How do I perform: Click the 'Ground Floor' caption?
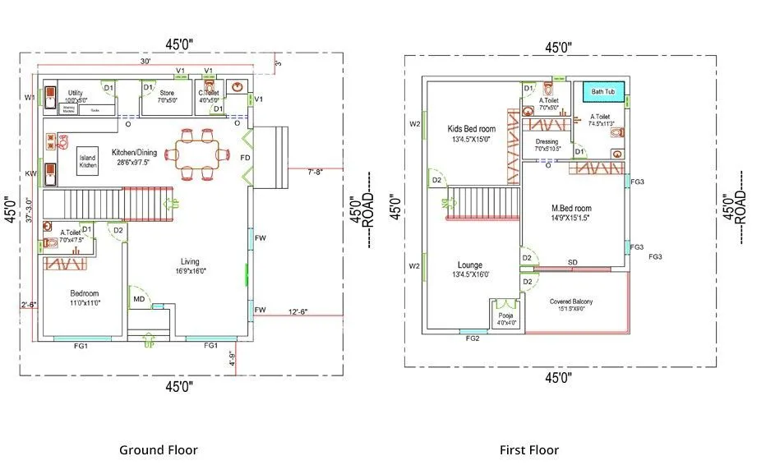coord(158,449)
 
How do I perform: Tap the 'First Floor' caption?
coord(528,449)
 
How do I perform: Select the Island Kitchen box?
coord(88,162)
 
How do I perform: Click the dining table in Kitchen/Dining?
coord(197,152)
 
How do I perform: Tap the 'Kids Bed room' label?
coord(471,129)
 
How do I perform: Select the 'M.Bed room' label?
coord(571,208)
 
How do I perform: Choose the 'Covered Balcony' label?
coord(570,302)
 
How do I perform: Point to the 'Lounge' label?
coord(469,265)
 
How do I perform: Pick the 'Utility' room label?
coord(76,93)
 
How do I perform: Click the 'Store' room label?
coord(167,93)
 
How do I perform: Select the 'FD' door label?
coord(244,157)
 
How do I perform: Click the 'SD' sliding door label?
coord(572,262)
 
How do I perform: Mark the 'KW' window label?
coord(30,173)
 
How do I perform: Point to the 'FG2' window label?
coord(473,338)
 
